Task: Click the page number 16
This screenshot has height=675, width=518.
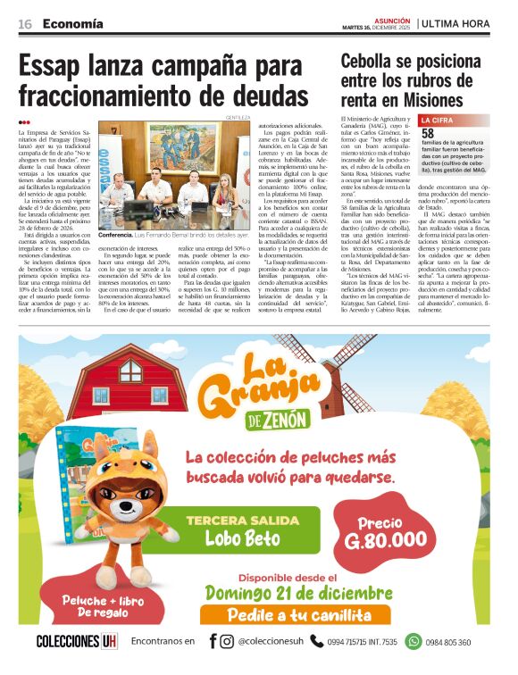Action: click(24, 24)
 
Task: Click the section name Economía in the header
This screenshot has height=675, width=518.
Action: click(71, 24)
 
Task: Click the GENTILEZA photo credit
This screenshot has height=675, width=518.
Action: click(238, 117)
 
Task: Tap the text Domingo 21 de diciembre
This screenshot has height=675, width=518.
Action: click(300, 592)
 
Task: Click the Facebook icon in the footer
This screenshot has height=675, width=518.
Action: click(213, 641)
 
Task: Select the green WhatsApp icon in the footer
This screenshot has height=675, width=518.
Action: click(413, 641)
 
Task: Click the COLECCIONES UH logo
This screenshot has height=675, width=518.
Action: click(77, 642)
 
